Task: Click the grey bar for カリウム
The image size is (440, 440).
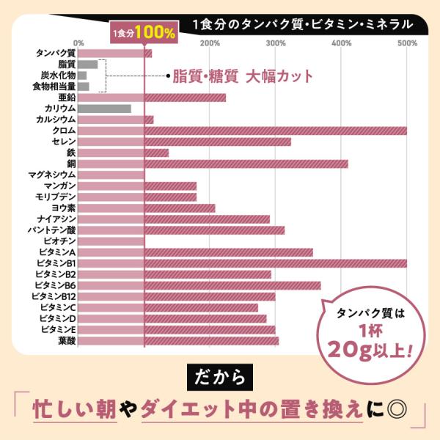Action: (104, 109)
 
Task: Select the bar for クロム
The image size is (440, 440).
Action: (243, 131)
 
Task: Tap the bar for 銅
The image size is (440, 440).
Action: (213, 164)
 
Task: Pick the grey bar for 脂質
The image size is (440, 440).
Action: (88, 65)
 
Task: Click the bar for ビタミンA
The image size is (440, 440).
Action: (195, 252)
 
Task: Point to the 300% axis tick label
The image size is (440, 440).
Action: (276, 43)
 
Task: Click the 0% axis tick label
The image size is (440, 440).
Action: (78, 43)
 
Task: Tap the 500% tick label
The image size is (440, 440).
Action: (408, 43)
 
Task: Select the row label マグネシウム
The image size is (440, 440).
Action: (52, 175)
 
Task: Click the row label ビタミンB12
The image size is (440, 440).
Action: (54, 296)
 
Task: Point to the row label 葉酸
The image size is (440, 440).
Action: (67, 341)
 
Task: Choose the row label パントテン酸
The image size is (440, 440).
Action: (52, 230)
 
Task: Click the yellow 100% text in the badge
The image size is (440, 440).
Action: (155, 32)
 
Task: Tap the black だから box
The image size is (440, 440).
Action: (220, 377)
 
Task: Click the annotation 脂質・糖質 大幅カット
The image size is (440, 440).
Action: (243, 76)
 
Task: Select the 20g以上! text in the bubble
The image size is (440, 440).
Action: (370, 351)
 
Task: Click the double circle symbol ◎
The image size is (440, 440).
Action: (397, 409)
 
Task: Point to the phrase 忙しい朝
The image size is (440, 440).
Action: (75, 409)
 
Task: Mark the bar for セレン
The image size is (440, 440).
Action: (184, 142)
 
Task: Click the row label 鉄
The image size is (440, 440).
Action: (71, 153)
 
